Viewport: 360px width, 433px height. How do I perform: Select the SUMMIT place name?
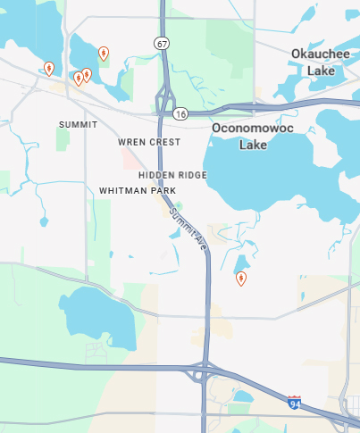(x=78, y=124)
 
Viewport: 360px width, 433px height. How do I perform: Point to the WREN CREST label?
(x=149, y=142)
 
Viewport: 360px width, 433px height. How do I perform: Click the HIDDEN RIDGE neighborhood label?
(x=172, y=175)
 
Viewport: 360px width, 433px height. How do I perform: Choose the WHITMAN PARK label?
(x=138, y=191)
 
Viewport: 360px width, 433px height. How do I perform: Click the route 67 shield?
(x=161, y=43)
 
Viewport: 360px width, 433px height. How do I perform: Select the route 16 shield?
(x=181, y=114)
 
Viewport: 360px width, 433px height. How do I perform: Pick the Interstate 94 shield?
(x=295, y=403)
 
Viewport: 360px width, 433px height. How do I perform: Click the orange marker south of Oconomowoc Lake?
(x=240, y=279)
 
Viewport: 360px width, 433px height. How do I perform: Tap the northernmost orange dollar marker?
(x=104, y=54)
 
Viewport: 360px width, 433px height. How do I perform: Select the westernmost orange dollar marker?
(x=48, y=68)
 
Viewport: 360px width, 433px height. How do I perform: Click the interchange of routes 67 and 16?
(x=164, y=104)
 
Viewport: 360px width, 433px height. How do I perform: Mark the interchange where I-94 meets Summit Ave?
(x=205, y=370)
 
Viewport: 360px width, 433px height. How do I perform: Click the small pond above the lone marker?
(x=240, y=263)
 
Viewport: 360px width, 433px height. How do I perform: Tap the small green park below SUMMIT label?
(x=63, y=138)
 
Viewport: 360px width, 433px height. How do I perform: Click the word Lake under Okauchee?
(x=321, y=71)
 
